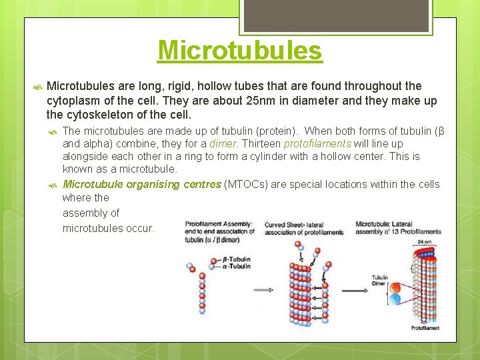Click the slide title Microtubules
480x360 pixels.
[240, 50]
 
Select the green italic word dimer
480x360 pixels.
[223, 143]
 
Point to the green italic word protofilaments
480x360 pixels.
[317, 143]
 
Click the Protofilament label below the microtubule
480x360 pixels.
[425, 328]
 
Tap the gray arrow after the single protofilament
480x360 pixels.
[263, 290]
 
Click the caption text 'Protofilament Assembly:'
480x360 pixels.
[219, 224]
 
